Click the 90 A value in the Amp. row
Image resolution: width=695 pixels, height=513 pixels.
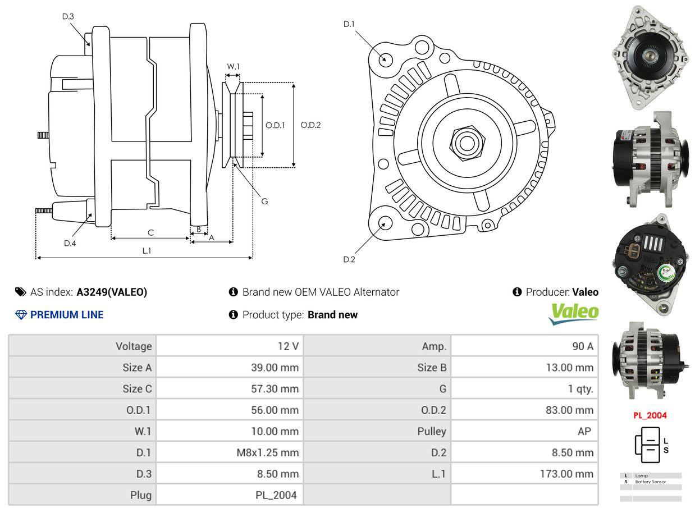582,346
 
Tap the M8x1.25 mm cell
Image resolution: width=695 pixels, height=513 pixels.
267,452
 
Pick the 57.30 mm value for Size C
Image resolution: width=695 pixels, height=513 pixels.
275,389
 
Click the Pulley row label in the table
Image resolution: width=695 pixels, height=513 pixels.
432,431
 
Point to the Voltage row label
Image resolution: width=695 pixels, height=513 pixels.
134,346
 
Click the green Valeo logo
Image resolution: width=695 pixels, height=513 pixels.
574,313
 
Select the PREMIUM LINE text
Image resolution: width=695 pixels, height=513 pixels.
67,315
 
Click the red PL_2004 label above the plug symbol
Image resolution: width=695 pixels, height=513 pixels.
650,416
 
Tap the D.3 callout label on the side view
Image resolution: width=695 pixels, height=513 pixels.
68,17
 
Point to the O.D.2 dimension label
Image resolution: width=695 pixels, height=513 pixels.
310,125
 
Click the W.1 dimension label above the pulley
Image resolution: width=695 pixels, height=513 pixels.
233,66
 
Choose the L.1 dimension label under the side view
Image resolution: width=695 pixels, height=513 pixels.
147,251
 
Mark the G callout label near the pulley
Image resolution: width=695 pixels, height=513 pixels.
264,201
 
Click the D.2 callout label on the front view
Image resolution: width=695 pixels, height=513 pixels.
349,259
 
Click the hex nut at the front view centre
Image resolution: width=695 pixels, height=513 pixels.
465,142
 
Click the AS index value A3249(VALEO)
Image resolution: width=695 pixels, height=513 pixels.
112,292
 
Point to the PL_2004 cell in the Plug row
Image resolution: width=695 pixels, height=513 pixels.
275,495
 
